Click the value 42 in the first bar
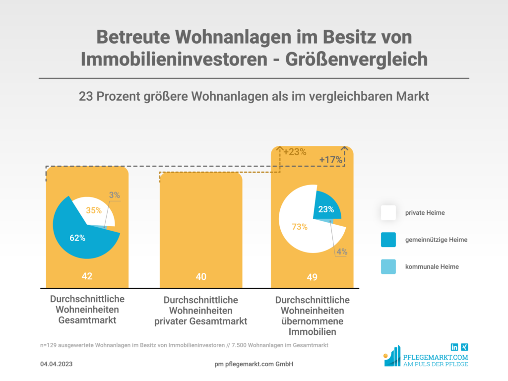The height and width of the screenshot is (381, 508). coord(87,276)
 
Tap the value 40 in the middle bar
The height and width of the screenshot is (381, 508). coord(201,276)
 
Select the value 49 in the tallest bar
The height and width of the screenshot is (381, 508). coord(312,277)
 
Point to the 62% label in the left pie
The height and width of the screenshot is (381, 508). coord(77,238)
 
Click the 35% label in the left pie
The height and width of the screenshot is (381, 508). coord(94,210)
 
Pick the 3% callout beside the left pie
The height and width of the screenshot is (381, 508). coord(115,195)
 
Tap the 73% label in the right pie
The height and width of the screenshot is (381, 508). coord(300,227)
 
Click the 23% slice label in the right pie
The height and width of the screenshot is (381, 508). coord(326,209)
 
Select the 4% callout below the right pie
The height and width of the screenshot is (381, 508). coord(342,252)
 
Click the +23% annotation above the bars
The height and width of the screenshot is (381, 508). coord(295,152)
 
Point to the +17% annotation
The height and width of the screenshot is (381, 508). coord(331,160)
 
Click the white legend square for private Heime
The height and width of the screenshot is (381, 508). coord(388,213)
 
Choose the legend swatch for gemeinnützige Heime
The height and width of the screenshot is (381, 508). coord(388,240)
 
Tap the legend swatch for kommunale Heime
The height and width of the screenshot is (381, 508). coord(388,266)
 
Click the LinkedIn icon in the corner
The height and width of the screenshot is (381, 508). coord(454,347)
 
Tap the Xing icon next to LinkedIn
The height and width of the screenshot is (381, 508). coord(465,347)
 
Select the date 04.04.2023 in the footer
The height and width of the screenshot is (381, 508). coord(57,365)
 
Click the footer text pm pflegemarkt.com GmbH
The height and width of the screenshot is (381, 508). coord(254,365)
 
